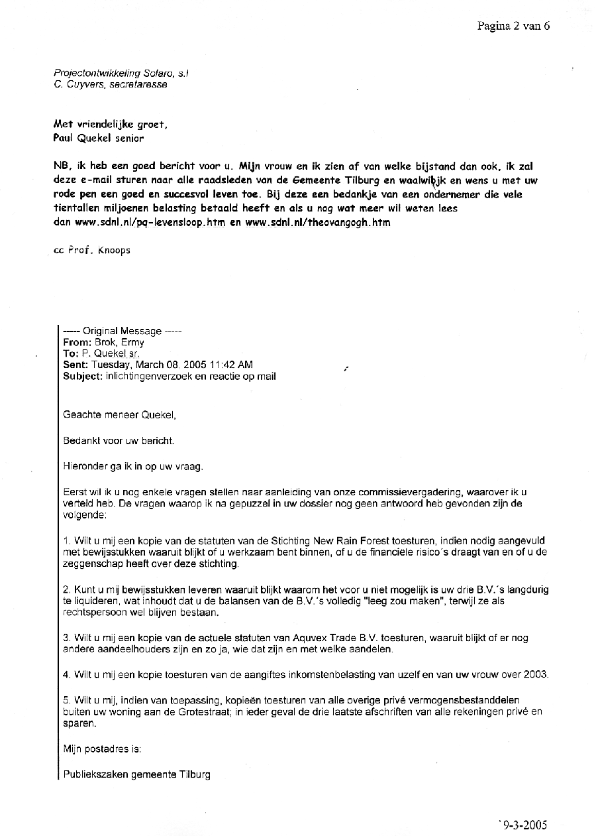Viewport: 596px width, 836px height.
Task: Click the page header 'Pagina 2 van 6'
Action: [x=513, y=26]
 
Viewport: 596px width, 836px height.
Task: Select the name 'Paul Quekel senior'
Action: [x=98, y=138]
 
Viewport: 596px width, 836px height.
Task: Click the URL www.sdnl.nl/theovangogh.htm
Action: [x=318, y=223]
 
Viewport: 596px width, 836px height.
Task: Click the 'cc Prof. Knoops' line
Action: [x=92, y=251]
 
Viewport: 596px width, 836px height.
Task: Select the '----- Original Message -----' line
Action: [x=123, y=331]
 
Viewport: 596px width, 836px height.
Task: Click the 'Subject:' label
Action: [x=83, y=376]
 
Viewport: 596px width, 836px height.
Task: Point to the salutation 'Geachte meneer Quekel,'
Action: [x=120, y=415]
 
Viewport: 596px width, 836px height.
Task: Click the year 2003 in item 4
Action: [x=536, y=674]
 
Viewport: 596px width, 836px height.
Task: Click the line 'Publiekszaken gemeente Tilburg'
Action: [x=137, y=774]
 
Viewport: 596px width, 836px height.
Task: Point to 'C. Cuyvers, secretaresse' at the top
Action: [x=111, y=84]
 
